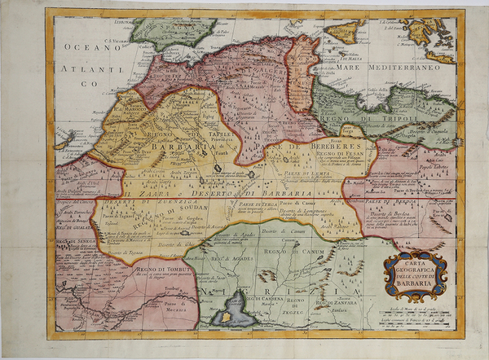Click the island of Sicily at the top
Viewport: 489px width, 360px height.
coord(342,31)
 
